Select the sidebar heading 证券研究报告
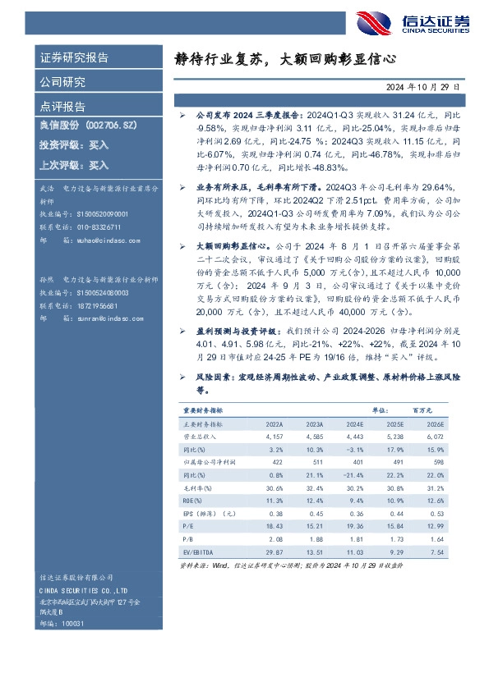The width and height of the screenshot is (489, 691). click(x=74, y=58)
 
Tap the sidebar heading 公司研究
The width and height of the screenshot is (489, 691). click(x=62, y=82)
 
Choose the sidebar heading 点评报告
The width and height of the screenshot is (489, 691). click(x=62, y=106)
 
